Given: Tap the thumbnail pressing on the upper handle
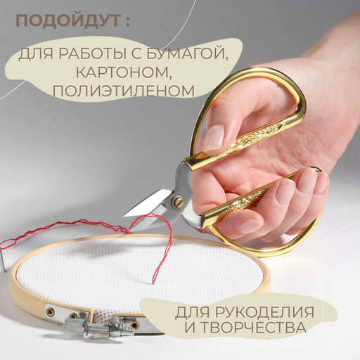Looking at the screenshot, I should (212, 138).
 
